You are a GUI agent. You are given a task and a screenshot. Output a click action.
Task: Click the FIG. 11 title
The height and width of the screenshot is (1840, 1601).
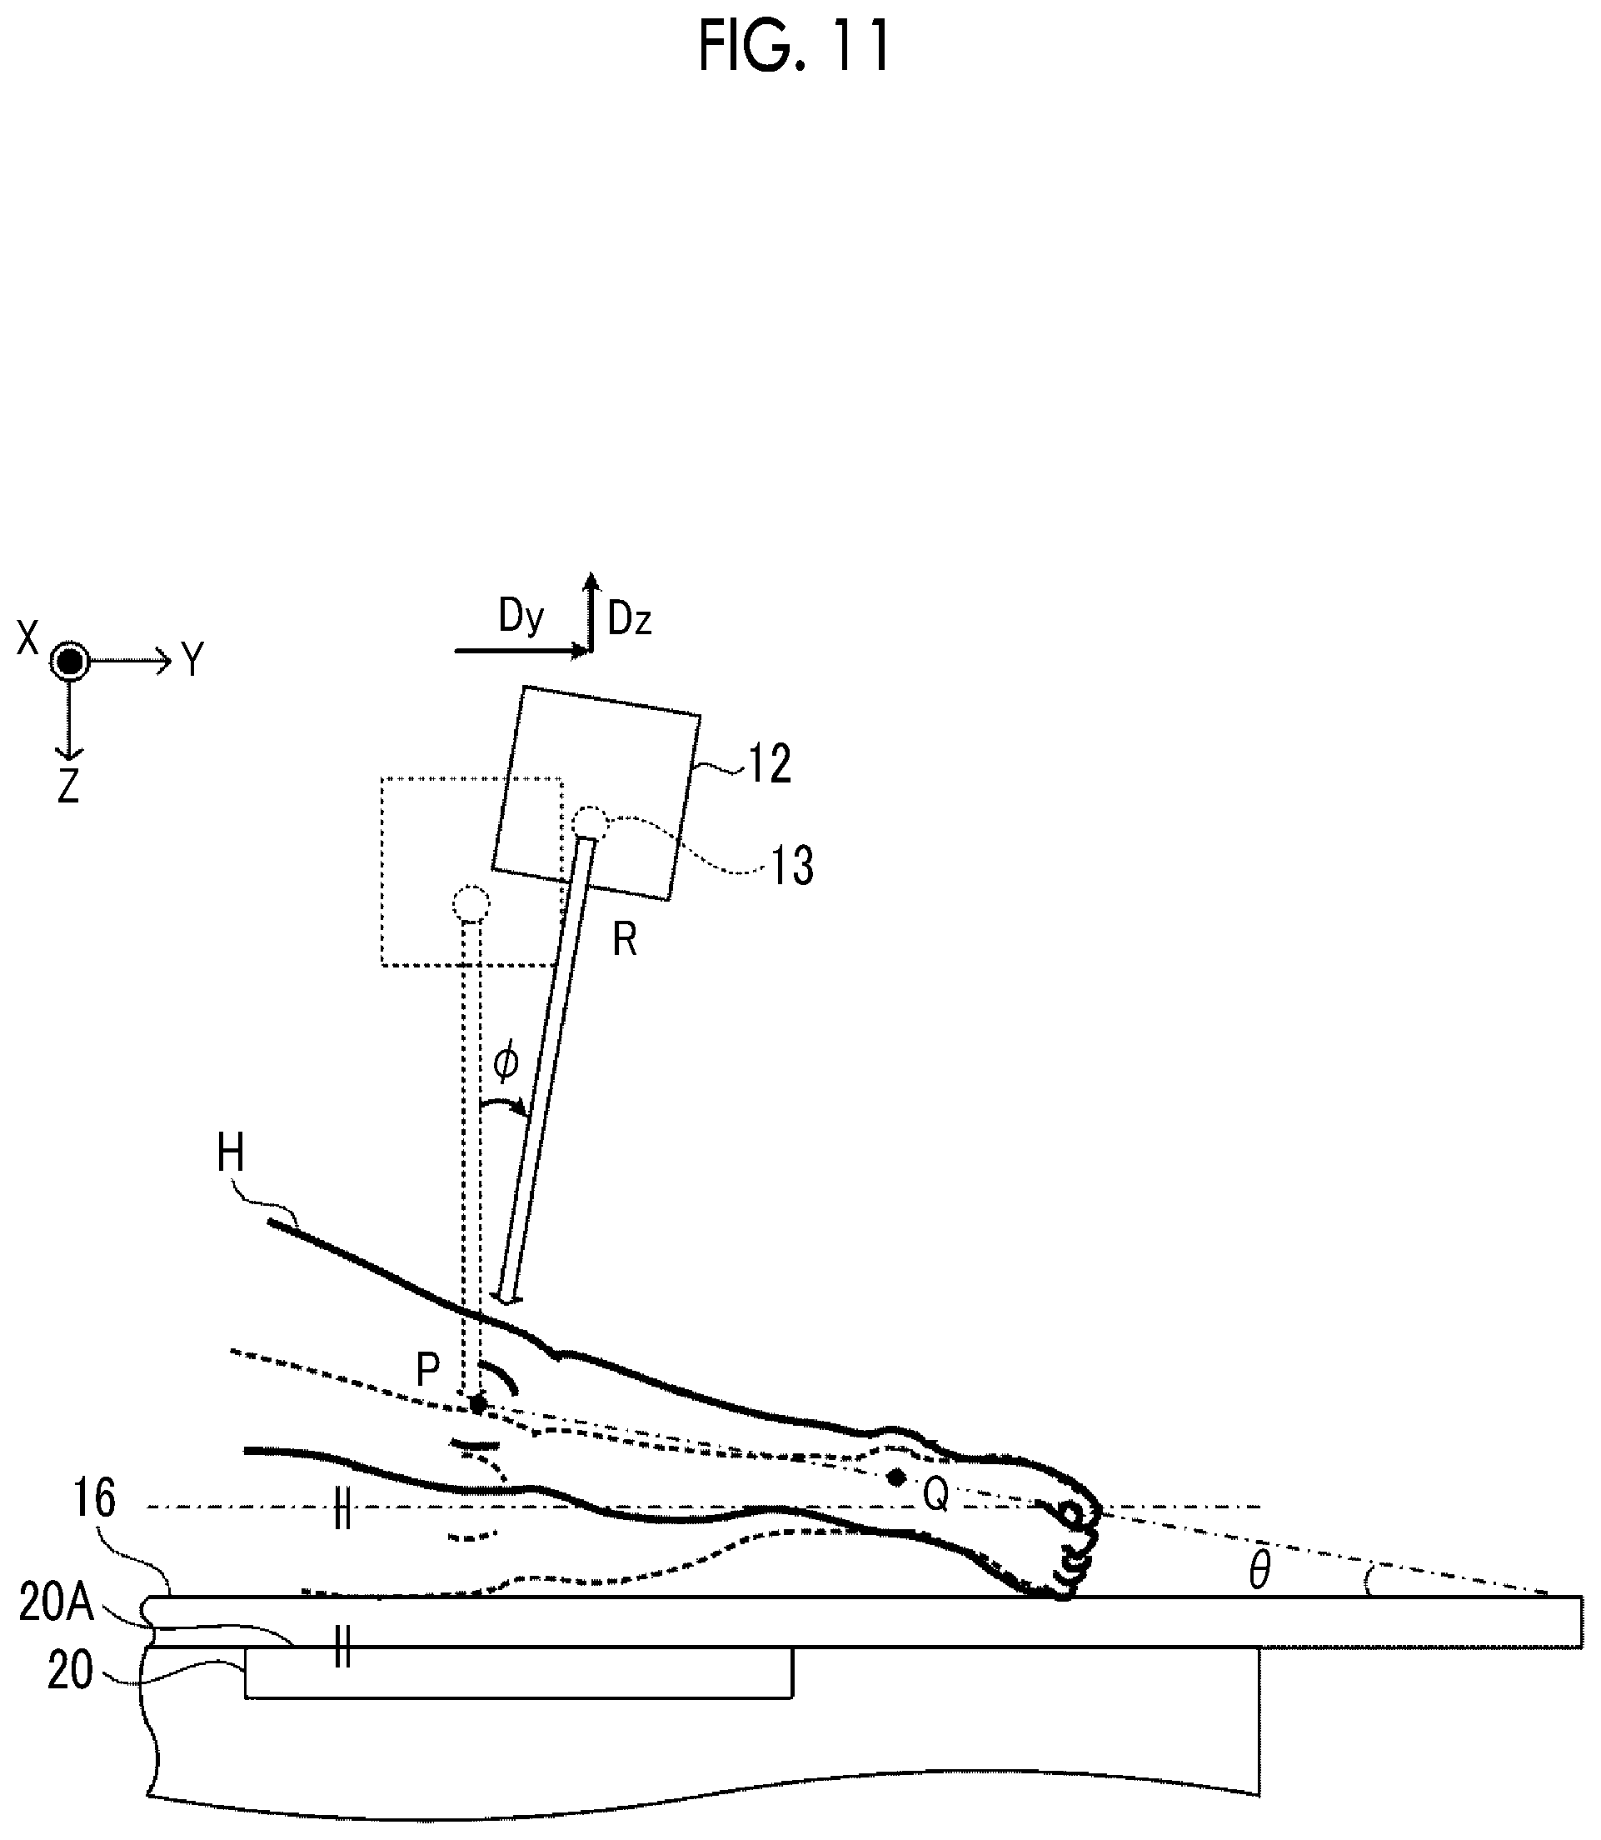pyautogui.click(x=794, y=46)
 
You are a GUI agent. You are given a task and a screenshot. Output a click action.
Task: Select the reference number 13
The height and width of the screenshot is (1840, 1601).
pyautogui.click(x=791, y=865)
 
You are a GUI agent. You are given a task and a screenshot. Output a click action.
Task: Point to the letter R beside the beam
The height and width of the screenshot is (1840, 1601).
pyautogui.click(x=625, y=940)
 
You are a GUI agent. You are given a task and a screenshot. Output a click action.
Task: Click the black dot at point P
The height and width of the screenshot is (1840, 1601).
pyautogui.click(x=479, y=1405)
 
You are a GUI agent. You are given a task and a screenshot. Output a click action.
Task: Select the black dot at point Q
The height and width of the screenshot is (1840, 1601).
pyautogui.click(x=897, y=1477)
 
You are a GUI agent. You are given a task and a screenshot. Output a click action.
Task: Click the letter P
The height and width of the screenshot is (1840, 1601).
pyautogui.click(x=429, y=1368)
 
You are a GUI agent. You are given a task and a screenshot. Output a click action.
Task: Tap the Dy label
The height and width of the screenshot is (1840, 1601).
pyautogui.click(x=521, y=616)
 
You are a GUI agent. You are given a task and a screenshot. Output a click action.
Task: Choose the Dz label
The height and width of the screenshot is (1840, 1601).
pyautogui.click(x=629, y=619)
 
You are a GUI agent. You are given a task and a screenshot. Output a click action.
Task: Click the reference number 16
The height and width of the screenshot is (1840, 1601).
pyautogui.click(x=93, y=1497)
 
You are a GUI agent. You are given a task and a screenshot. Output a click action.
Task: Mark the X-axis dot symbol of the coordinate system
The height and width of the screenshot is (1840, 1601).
pyautogui.click(x=70, y=662)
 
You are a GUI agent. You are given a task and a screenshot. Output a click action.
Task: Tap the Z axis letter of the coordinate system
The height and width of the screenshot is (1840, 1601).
pyautogui.click(x=69, y=787)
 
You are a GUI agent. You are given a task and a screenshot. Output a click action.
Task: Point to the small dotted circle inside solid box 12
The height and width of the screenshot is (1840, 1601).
pyautogui.click(x=590, y=822)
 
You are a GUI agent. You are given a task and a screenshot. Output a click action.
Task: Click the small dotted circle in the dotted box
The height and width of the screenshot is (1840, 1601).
pyautogui.click(x=471, y=903)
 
